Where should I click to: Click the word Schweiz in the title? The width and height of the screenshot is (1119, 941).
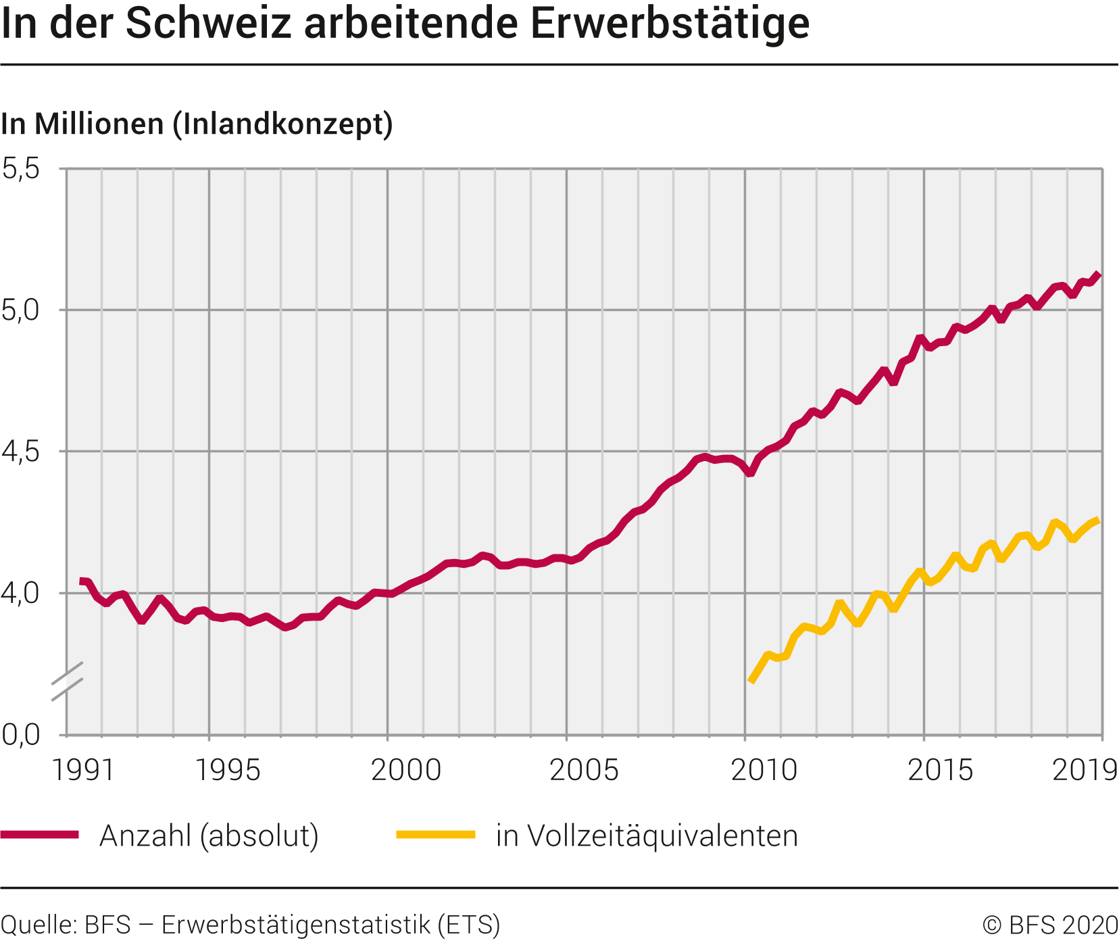[x=207, y=24]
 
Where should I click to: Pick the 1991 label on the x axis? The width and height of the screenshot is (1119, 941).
[x=83, y=770]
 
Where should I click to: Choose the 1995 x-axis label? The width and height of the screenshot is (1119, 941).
[x=228, y=770]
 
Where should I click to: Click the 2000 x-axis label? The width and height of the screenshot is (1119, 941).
[x=406, y=770]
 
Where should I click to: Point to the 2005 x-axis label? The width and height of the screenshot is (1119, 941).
[x=585, y=770]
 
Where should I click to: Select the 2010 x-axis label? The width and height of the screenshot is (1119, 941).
[x=764, y=770]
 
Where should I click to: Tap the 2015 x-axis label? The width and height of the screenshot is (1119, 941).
[x=941, y=770]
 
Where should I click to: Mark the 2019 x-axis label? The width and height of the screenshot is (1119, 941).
[x=1085, y=770]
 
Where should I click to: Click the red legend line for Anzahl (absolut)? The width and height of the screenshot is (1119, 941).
[x=40, y=835]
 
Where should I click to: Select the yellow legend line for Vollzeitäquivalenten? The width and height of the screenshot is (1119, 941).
[x=436, y=835]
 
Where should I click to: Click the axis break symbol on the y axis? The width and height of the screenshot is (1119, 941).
[x=67, y=681]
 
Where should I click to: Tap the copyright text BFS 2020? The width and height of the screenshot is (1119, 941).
[x=1051, y=925]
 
